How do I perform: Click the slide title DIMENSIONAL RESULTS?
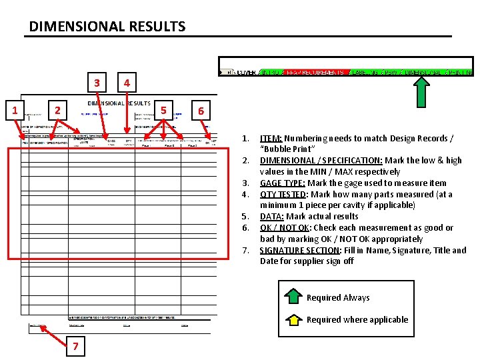pyautogui.click(x=107, y=27)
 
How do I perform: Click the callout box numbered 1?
pyautogui.click(x=15, y=109)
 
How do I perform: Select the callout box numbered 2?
pyautogui.click(x=58, y=109)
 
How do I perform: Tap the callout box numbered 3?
pyautogui.click(x=97, y=83)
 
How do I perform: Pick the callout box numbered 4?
pyautogui.click(x=127, y=83)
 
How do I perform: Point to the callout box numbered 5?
pyautogui.click(x=163, y=109)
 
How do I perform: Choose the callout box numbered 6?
pyautogui.click(x=201, y=110)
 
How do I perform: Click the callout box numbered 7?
pyautogui.click(x=75, y=345)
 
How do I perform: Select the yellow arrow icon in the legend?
pyautogui.click(x=293, y=319)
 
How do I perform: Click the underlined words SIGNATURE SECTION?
pyautogui.click(x=298, y=250)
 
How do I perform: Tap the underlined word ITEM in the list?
pyautogui.click(x=269, y=138)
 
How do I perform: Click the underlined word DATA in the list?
pyautogui.click(x=271, y=216)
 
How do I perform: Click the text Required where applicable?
pyautogui.click(x=357, y=319)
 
